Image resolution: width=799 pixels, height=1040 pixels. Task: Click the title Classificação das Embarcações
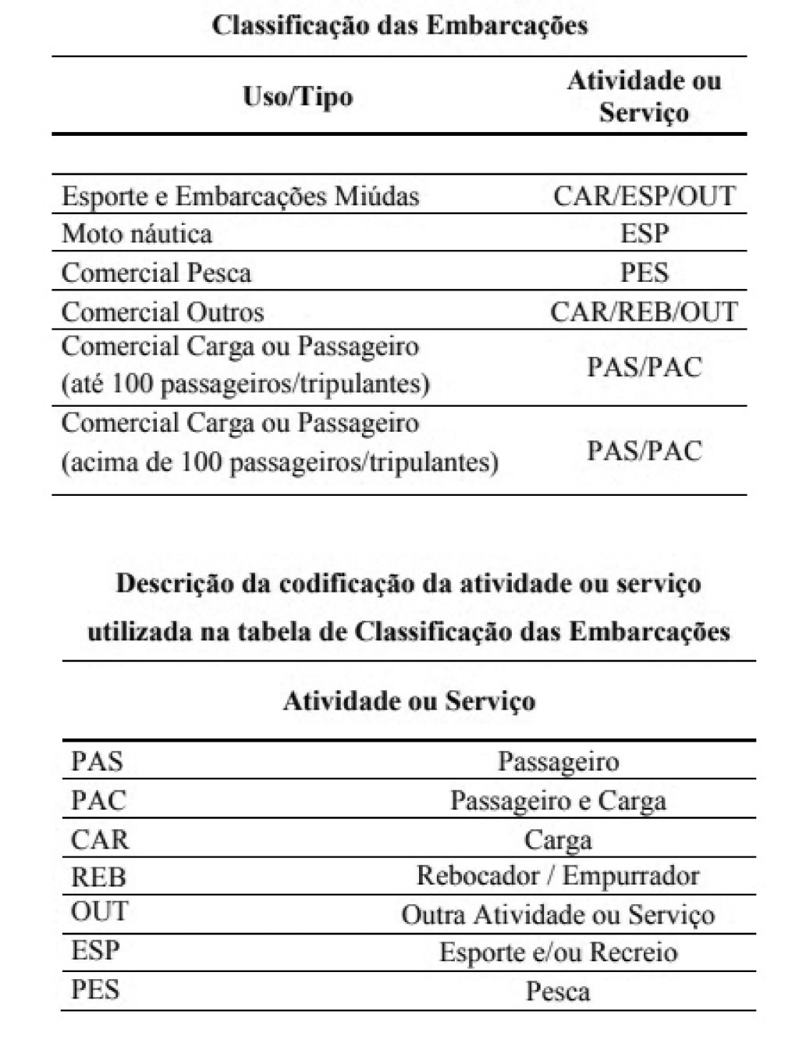[x=399, y=26]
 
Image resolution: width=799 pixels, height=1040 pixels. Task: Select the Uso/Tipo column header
[x=297, y=98]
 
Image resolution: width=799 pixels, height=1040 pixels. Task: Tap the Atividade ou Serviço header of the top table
[x=644, y=97]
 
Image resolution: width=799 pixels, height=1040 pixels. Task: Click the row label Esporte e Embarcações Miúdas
[x=240, y=195]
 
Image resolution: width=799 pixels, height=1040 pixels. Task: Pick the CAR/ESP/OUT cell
[x=644, y=195]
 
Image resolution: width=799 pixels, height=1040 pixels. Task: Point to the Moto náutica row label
[x=137, y=233]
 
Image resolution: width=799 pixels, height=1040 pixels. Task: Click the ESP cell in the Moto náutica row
[x=644, y=233]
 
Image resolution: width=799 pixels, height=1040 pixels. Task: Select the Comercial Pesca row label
[x=156, y=272]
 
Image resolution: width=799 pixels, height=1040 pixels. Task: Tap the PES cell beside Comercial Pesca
[x=644, y=272]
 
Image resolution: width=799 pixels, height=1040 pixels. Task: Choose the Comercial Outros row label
[x=162, y=312]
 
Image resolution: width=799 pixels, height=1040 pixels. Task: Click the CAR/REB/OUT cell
[x=644, y=312]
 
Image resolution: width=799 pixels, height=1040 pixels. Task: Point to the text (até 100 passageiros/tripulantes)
[x=245, y=384]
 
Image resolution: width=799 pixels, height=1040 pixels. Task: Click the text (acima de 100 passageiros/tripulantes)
[x=279, y=462]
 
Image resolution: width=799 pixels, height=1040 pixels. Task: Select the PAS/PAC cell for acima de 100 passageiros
[x=644, y=451]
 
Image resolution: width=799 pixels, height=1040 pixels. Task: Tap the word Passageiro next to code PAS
[x=558, y=761]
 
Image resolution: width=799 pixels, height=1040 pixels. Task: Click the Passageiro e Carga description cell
[x=558, y=800]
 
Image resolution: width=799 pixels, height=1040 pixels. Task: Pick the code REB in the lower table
[x=98, y=877]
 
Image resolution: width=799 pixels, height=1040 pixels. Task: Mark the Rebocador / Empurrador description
[x=558, y=876]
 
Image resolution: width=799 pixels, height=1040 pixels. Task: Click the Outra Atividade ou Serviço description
[x=558, y=914]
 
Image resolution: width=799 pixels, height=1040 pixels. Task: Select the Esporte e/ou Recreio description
[x=558, y=953]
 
